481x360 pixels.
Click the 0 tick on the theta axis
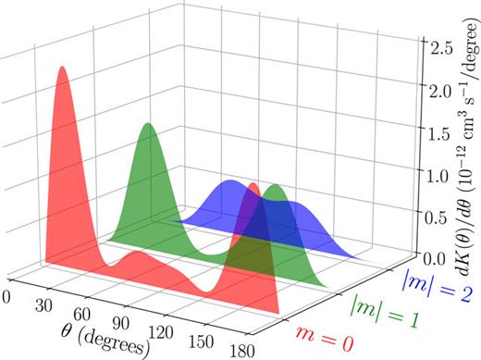point(8,295)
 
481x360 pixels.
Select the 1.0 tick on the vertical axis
point(442,172)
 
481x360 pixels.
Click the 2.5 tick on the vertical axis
point(442,44)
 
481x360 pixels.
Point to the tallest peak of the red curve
point(63,69)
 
